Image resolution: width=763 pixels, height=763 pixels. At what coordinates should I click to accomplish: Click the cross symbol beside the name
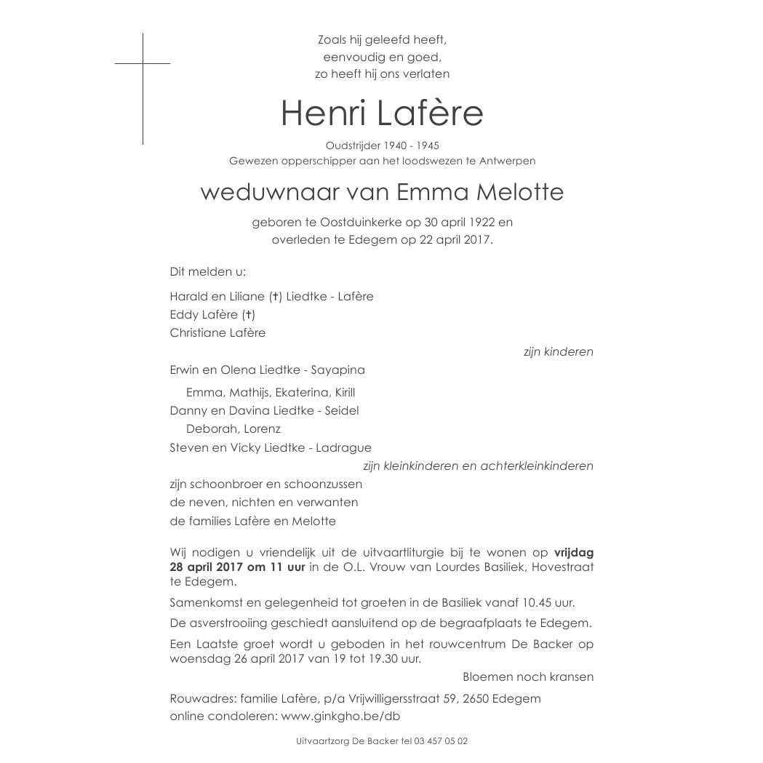(x=143, y=64)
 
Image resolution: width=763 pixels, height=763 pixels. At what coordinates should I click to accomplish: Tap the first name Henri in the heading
(x=323, y=113)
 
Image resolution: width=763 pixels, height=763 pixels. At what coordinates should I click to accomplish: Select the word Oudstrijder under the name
(x=352, y=146)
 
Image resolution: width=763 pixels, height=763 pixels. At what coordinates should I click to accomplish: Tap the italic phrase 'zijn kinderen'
(x=558, y=352)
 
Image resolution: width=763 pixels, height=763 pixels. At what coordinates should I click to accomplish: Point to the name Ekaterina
(x=298, y=393)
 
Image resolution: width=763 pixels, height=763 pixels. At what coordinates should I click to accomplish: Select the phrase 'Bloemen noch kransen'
(x=528, y=677)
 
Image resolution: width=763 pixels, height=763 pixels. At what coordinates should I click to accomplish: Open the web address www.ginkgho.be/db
(x=340, y=716)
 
